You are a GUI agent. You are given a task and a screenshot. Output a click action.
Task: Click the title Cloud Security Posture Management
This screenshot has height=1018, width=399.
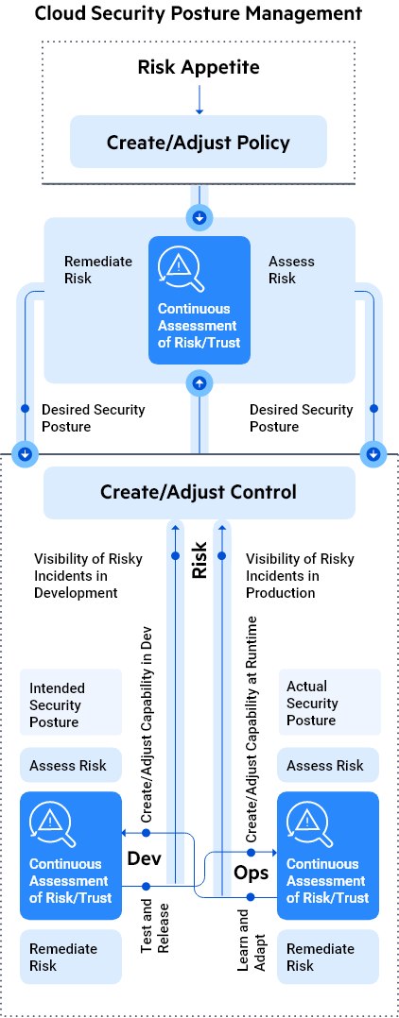pyautogui.click(x=199, y=13)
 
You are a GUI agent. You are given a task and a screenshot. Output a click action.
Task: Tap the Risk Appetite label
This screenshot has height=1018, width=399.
pyautogui.click(x=199, y=67)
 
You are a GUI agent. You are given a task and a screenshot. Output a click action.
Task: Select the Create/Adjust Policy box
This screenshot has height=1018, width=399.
pyautogui.click(x=199, y=143)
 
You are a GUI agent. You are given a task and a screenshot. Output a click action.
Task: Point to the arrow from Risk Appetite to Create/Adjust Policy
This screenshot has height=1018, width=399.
pyautogui.click(x=199, y=97)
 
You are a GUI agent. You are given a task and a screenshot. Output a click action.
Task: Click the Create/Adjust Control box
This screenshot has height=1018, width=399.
pyautogui.click(x=199, y=492)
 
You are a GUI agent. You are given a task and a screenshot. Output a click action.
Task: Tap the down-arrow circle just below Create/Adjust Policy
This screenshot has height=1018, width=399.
pyautogui.click(x=199, y=217)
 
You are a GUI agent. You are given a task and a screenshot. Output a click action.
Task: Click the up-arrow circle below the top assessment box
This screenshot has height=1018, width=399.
pyautogui.click(x=199, y=382)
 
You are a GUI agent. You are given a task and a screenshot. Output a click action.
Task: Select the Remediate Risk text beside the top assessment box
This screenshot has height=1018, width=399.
pyautogui.click(x=91, y=270)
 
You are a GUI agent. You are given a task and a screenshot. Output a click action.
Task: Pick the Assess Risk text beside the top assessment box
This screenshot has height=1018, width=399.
pyautogui.click(x=291, y=270)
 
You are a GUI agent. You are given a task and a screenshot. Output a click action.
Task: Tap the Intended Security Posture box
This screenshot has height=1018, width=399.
pyautogui.click(x=71, y=704)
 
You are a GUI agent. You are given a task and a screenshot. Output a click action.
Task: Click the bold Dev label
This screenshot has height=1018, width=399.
pyautogui.click(x=146, y=859)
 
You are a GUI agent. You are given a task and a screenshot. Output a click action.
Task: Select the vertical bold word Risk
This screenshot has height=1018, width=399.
pyautogui.click(x=199, y=560)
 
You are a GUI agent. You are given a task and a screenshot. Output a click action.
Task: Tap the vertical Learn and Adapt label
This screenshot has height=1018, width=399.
pyautogui.click(x=245, y=934)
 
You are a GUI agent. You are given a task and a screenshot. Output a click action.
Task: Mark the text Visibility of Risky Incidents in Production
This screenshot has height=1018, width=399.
pyautogui.click(x=300, y=575)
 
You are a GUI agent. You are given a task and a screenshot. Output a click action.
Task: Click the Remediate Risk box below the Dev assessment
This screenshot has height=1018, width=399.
pyautogui.click(x=71, y=957)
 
